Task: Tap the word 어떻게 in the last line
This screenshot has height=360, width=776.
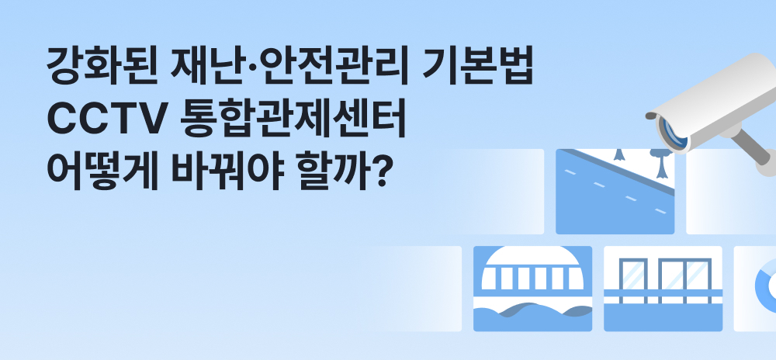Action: click(102, 172)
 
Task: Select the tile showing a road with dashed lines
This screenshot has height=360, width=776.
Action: click(615, 192)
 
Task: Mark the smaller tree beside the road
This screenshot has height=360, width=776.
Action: click(618, 154)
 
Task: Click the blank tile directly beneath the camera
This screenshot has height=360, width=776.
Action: click(731, 192)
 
